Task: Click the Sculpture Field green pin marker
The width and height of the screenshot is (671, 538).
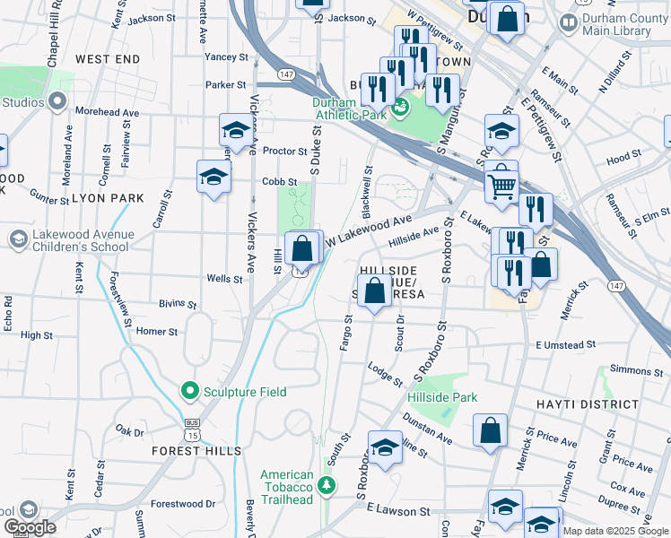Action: coord(189,392)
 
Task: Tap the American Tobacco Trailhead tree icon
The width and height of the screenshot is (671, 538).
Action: coord(327,486)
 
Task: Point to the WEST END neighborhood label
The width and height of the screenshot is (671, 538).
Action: coord(108,59)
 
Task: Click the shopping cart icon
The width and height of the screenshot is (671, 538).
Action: coord(503,186)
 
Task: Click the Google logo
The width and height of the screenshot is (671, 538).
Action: coord(30,527)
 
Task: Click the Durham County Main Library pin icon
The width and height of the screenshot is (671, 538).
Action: coord(567,22)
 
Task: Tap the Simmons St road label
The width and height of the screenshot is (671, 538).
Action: coord(634,370)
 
